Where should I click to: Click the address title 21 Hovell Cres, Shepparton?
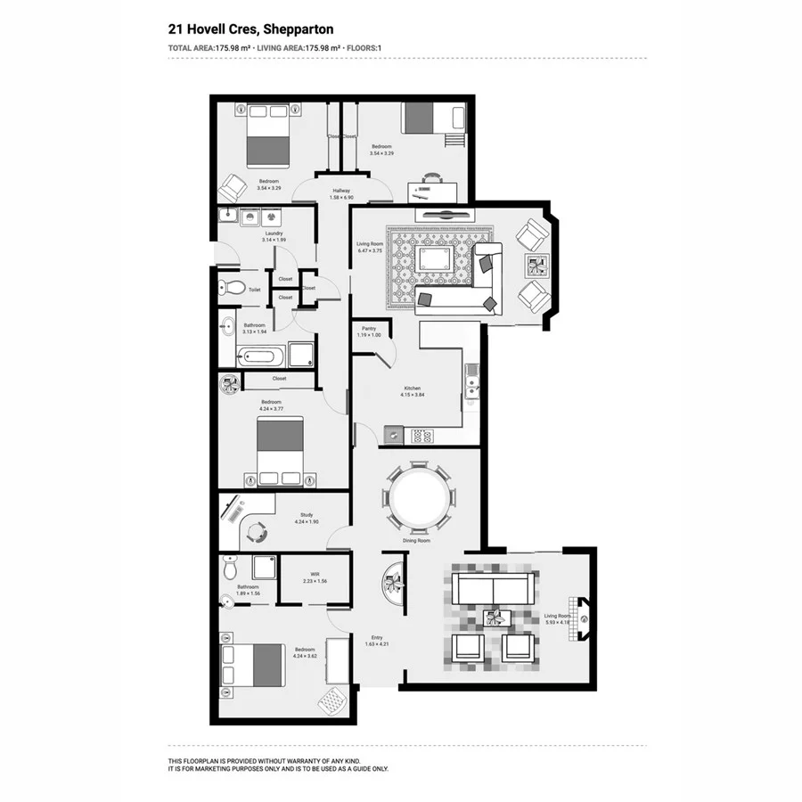click(250, 29)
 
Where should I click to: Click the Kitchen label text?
click(413, 388)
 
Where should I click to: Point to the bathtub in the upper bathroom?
click(260, 357)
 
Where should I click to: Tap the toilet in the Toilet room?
click(233, 288)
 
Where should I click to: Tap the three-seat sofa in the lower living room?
click(493, 588)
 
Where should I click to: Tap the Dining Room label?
click(417, 541)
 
